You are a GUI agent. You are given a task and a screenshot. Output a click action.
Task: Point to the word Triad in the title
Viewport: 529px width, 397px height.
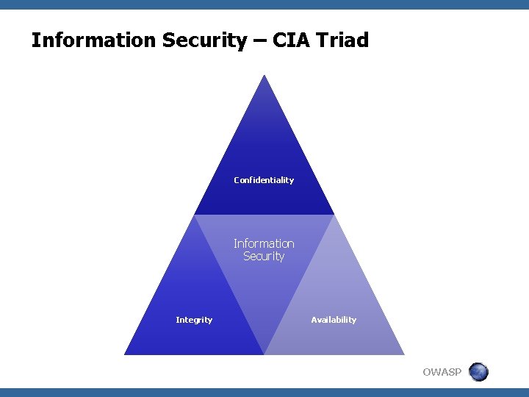pyautogui.click(x=344, y=40)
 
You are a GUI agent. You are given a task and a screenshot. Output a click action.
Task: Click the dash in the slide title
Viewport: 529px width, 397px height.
pyautogui.click(x=259, y=41)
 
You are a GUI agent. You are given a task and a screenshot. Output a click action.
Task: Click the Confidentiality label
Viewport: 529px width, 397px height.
pyautogui.click(x=264, y=180)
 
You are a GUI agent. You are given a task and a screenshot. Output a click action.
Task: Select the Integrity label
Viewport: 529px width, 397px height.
pyautogui.click(x=194, y=320)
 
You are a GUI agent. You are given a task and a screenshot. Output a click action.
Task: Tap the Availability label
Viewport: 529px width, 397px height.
pyautogui.click(x=334, y=320)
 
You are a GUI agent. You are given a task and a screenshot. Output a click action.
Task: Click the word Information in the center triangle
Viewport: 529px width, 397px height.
pyautogui.click(x=264, y=243)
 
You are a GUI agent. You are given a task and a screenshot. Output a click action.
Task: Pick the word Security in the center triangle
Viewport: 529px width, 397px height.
pyautogui.click(x=264, y=257)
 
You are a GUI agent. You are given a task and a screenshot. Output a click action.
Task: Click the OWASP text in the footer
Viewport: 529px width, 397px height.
pyautogui.click(x=442, y=372)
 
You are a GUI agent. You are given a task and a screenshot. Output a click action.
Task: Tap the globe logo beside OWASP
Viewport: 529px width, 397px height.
pyautogui.click(x=478, y=372)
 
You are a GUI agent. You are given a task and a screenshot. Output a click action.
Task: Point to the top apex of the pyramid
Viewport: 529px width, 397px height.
pyautogui.click(x=264, y=75)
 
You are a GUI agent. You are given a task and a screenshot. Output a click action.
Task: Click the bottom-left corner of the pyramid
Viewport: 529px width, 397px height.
pyautogui.click(x=125, y=354)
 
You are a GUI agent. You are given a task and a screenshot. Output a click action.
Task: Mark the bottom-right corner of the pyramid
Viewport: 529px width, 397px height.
pyautogui.click(x=403, y=354)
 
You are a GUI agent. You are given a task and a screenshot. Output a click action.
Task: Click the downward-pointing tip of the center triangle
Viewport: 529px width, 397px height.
pyautogui.click(x=264, y=354)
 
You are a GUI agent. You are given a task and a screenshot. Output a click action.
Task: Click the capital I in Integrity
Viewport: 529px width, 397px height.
pyautogui.click(x=177, y=320)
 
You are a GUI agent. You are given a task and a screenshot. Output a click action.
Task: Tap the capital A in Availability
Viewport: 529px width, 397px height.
pyautogui.click(x=314, y=320)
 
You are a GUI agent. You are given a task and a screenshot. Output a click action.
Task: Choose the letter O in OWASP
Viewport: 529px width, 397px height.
pyautogui.click(x=428, y=372)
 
